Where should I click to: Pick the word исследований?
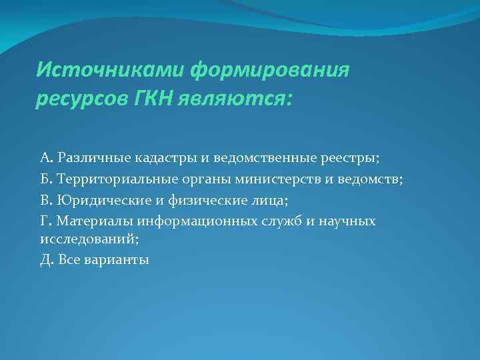pos(79,238)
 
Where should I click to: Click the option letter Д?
pos(45,259)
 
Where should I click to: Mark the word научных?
pos(346,220)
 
